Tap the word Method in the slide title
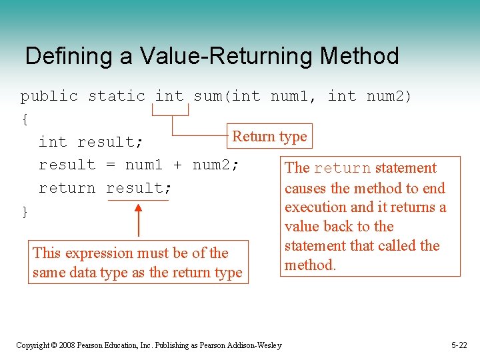point(359,56)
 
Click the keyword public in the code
point(49,96)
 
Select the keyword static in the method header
point(116,96)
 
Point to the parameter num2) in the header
point(389,96)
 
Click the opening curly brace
point(25,119)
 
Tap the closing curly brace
point(25,212)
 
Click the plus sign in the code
point(179,165)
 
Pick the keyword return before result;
point(67,188)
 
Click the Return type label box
point(269,137)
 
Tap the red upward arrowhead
point(139,209)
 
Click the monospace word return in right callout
point(342,168)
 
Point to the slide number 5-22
point(459,345)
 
